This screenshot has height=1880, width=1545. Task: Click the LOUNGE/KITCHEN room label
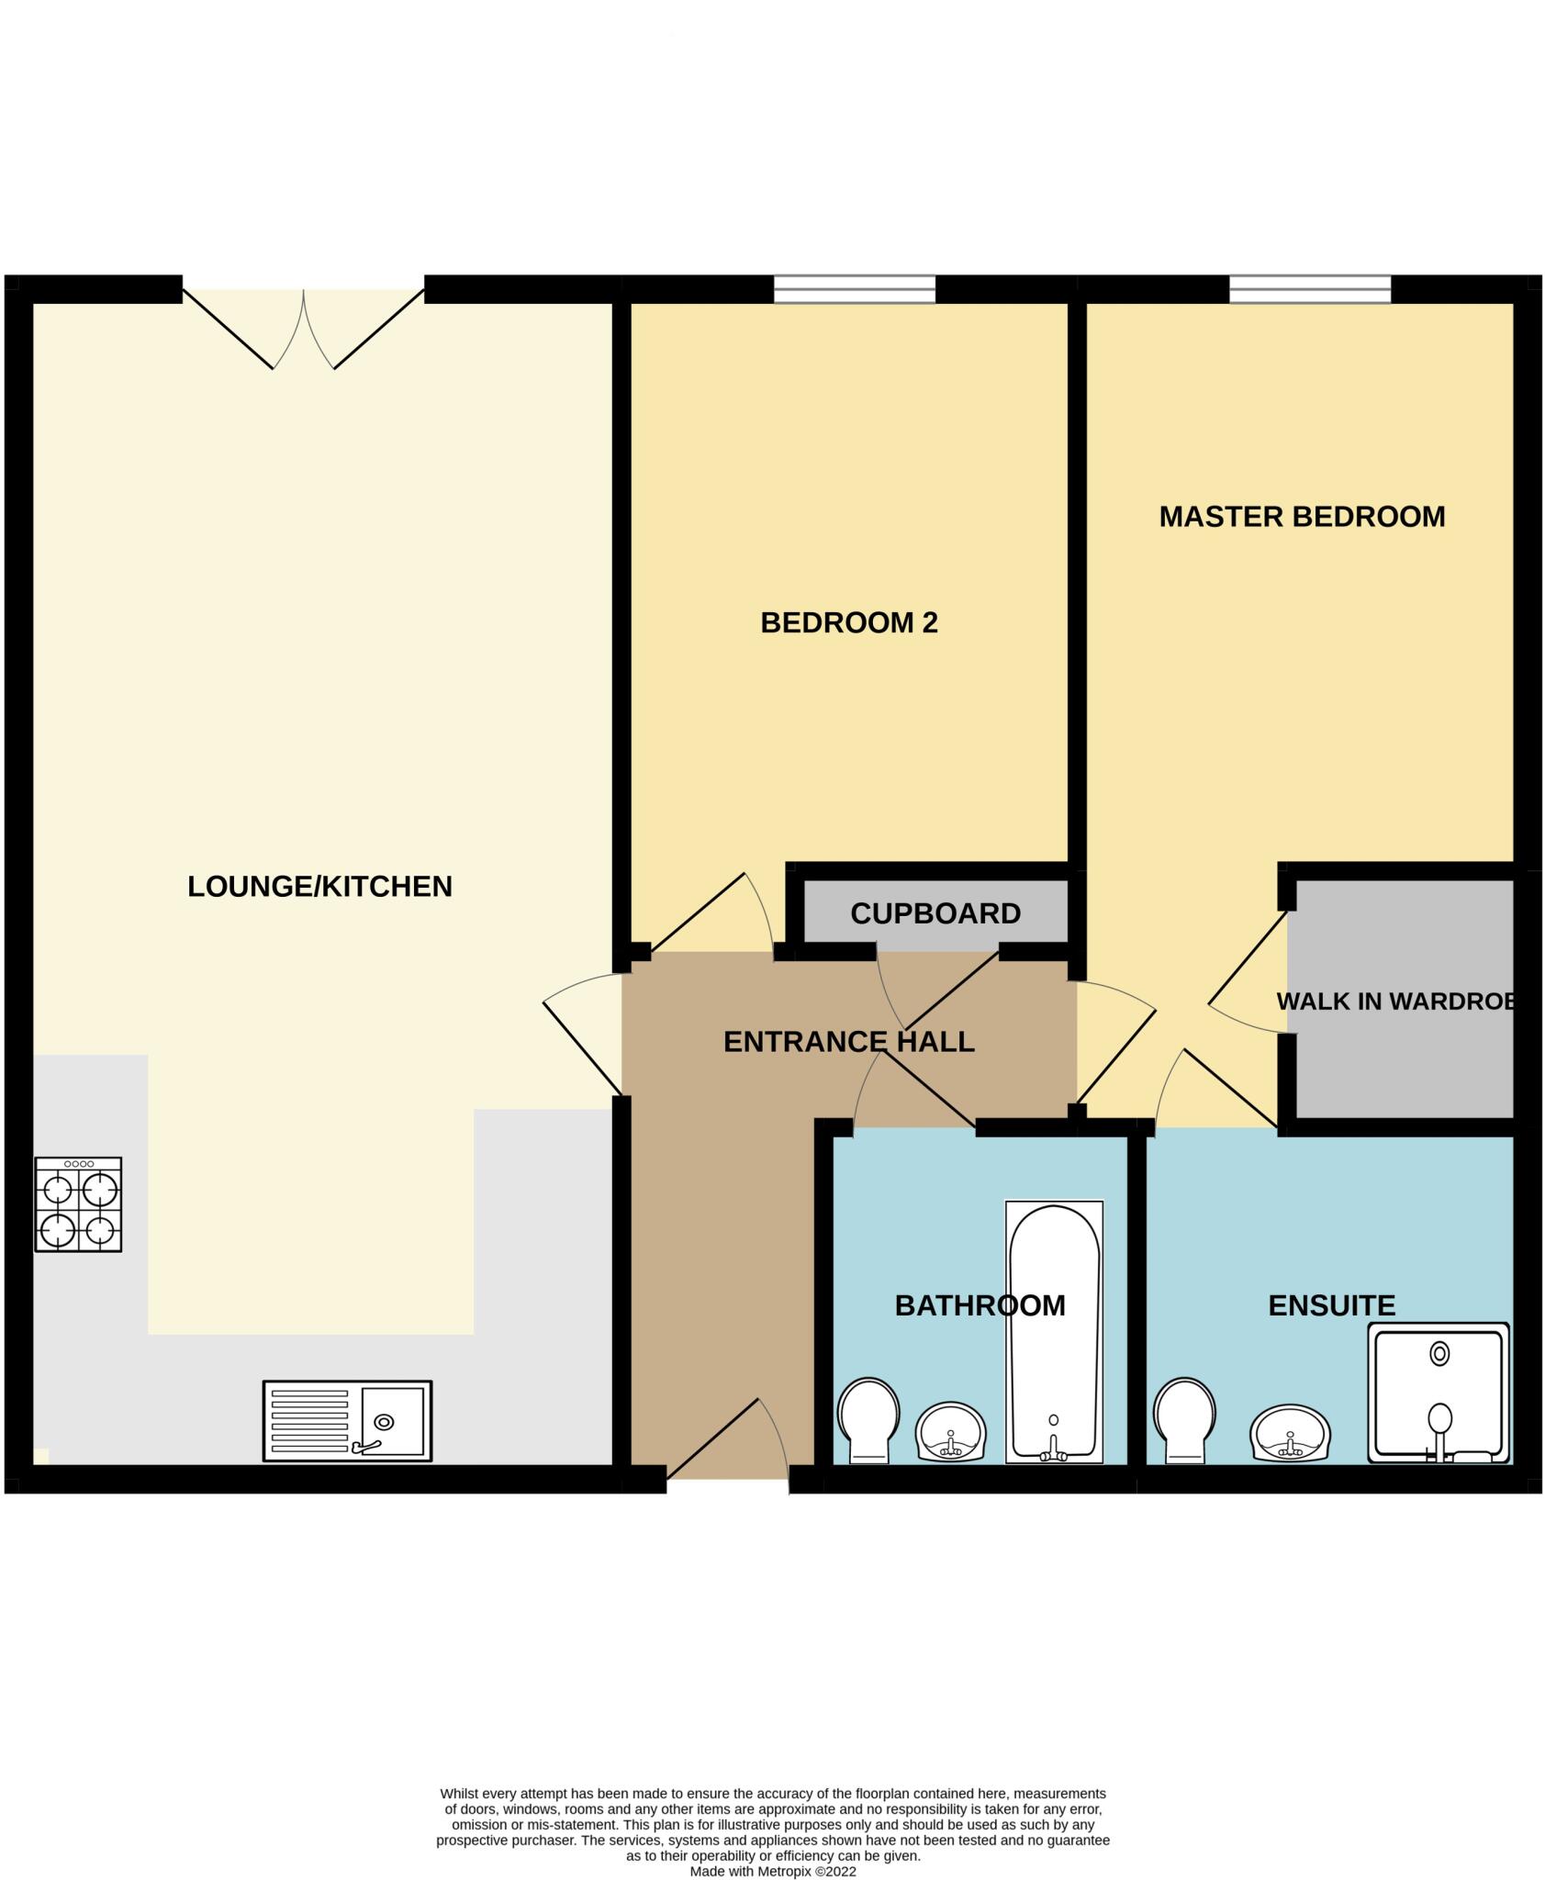[319, 887]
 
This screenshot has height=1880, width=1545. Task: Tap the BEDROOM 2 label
[849, 623]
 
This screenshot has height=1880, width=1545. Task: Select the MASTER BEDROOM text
[1302, 517]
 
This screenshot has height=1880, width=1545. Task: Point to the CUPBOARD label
[935, 913]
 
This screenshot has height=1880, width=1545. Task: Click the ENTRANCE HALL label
[848, 1042]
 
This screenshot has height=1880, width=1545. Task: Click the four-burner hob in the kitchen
[78, 1204]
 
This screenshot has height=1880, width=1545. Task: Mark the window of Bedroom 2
[855, 289]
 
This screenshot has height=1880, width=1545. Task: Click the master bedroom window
[1310, 289]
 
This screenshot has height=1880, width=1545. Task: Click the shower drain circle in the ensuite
[1439, 1353]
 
